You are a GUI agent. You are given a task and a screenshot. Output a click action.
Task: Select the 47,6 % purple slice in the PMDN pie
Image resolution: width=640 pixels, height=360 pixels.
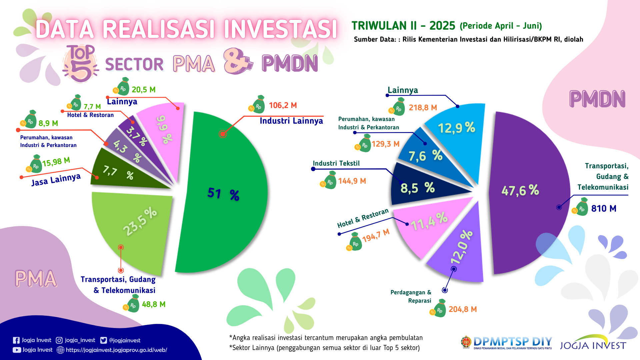[523, 193]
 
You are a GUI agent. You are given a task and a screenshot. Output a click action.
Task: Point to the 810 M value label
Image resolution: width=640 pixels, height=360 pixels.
[604, 209]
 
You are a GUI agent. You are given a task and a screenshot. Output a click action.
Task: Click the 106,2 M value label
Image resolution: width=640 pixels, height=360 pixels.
[283, 106]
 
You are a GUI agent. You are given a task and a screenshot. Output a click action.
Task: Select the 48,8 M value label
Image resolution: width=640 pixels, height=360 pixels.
[154, 304]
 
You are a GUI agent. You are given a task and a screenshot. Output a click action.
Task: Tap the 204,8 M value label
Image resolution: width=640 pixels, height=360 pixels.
[463, 309]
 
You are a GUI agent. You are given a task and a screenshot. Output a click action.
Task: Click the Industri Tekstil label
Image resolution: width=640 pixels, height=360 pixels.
[336, 163]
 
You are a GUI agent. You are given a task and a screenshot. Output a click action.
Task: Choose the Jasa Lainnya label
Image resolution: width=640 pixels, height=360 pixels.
[56, 180]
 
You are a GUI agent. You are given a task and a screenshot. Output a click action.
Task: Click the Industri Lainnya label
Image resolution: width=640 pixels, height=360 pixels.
[291, 121]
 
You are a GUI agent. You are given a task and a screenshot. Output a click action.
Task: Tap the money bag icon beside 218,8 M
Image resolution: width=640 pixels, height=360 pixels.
[398, 107]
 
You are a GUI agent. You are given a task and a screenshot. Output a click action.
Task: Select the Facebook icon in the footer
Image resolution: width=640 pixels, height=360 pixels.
[16, 340]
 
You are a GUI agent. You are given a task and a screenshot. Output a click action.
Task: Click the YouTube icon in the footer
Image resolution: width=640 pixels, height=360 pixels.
[16, 350]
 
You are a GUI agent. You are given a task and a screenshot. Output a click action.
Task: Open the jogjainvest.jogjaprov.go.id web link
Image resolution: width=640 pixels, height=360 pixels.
[116, 350]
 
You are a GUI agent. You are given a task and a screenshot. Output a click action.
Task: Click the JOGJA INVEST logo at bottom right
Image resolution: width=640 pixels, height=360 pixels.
[593, 343]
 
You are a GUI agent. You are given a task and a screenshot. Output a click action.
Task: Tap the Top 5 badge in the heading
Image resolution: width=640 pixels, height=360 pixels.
[80, 63]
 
